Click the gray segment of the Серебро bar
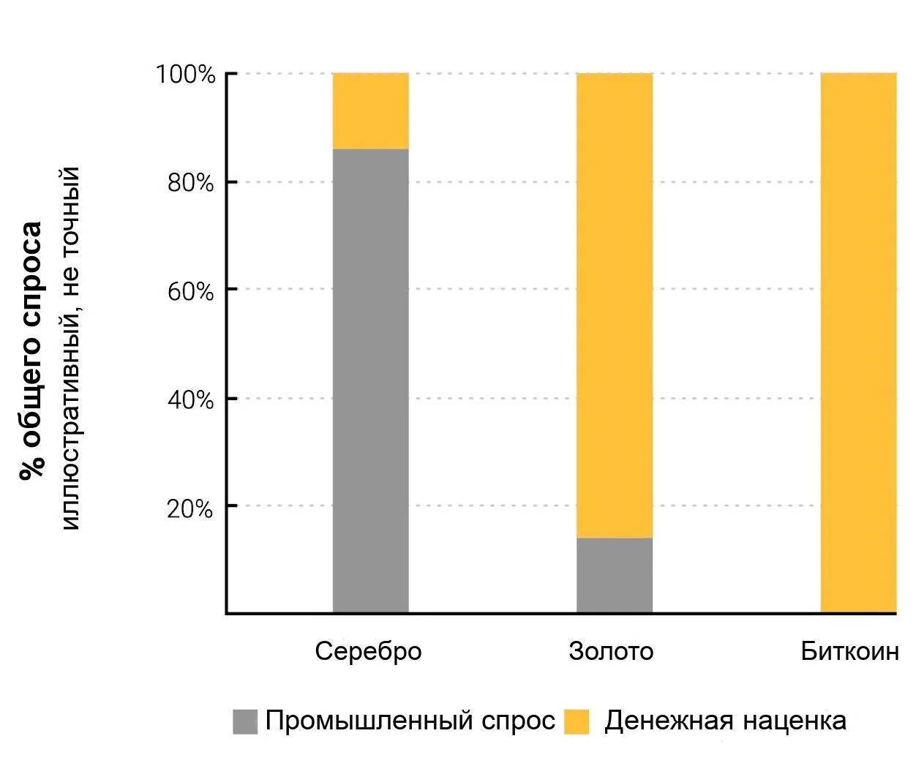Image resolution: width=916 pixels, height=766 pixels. point(370,380)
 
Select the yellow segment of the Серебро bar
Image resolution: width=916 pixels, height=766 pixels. point(370,111)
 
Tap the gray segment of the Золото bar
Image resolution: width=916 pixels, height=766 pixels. point(614,575)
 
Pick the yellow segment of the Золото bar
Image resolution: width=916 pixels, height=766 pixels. point(614,305)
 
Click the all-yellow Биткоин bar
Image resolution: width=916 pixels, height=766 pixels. point(858,342)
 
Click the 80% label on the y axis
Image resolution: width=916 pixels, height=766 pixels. point(190,182)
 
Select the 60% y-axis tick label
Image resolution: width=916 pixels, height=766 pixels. point(190,291)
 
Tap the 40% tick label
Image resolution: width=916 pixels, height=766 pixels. point(190,399)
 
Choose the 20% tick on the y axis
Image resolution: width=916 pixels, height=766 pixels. point(189,509)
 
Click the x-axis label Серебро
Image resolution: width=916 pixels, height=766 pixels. point(368,651)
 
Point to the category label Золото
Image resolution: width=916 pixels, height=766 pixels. point(611,651)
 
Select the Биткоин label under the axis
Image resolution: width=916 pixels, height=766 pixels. point(849,651)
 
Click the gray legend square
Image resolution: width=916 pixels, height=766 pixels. point(245,721)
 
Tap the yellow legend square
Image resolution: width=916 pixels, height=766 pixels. point(577,721)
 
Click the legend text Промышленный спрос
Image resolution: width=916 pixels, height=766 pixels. point(410,721)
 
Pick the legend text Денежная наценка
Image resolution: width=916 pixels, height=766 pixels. point(726,721)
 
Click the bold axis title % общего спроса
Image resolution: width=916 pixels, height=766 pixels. point(31,351)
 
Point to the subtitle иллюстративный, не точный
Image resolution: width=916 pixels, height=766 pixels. point(70,348)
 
